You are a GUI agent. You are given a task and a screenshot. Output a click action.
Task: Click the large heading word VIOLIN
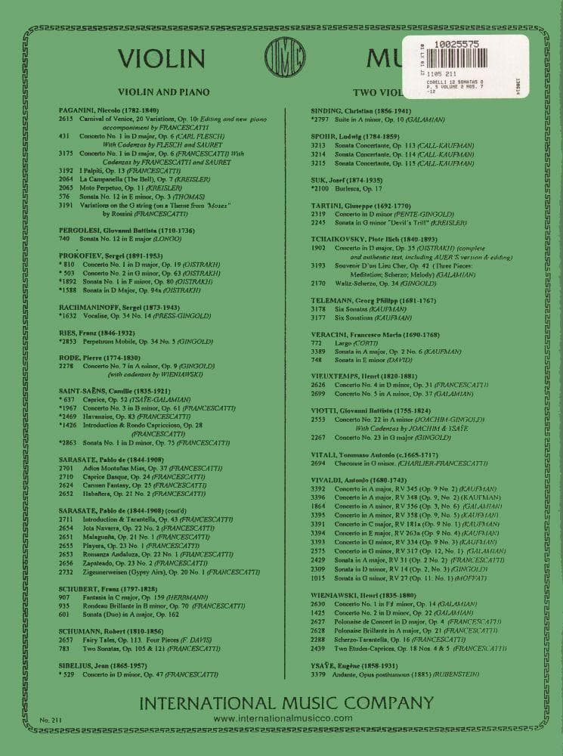point(163,59)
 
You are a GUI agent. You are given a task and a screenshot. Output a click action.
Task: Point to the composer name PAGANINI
point(79,110)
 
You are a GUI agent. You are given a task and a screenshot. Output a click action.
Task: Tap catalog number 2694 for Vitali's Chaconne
point(318,463)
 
